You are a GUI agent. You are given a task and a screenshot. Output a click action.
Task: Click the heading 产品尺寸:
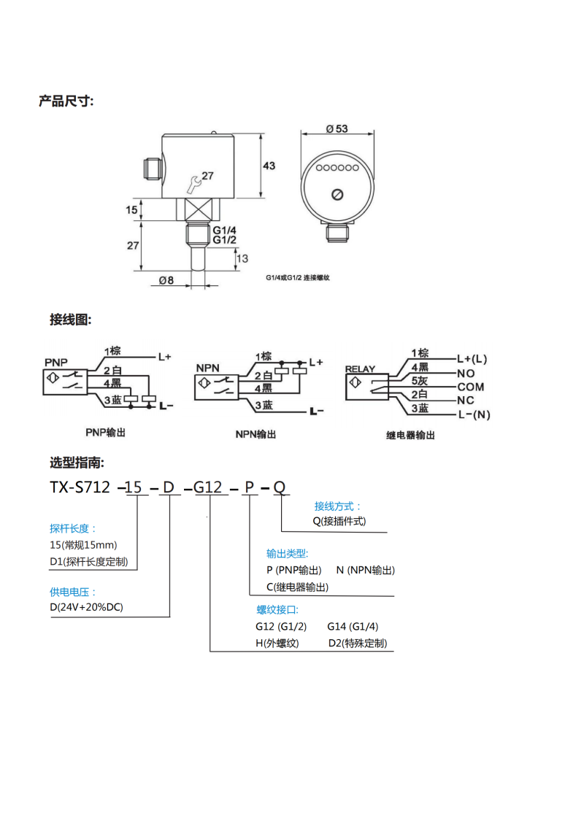[66, 101]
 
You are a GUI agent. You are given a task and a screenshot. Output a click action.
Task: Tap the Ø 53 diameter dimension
[337, 128]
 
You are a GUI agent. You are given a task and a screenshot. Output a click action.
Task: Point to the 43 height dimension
[269, 166]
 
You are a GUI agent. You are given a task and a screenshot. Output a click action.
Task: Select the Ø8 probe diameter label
[166, 279]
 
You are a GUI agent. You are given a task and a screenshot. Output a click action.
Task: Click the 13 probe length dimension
[242, 258]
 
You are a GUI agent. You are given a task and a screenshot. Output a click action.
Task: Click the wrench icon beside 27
[193, 181]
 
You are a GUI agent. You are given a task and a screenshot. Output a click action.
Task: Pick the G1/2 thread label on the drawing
[225, 239]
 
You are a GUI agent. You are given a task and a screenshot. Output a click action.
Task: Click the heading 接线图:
[70, 320]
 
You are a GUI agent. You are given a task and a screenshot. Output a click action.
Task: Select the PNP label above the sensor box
[56, 363]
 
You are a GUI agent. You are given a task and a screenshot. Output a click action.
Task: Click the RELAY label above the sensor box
[360, 368]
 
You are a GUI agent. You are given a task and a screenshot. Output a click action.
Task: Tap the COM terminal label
[471, 387]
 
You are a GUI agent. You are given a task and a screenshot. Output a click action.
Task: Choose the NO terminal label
[466, 373]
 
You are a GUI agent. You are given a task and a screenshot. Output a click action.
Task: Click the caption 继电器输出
[410, 435]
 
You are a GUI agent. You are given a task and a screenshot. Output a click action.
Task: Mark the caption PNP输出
[106, 433]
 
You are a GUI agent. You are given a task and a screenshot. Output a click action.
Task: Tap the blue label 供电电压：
[73, 592]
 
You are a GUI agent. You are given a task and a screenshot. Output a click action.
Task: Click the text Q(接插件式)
[339, 521]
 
